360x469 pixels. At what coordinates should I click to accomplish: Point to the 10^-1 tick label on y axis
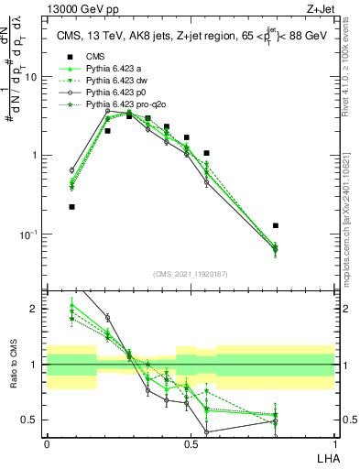click(x=28, y=234)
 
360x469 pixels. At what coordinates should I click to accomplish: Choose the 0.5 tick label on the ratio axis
click(x=31, y=420)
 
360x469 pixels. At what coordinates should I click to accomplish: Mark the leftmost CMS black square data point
click(x=71, y=207)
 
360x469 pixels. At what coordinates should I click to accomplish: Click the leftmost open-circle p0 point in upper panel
click(x=71, y=170)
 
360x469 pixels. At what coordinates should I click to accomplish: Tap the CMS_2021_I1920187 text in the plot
click(x=191, y=273)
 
